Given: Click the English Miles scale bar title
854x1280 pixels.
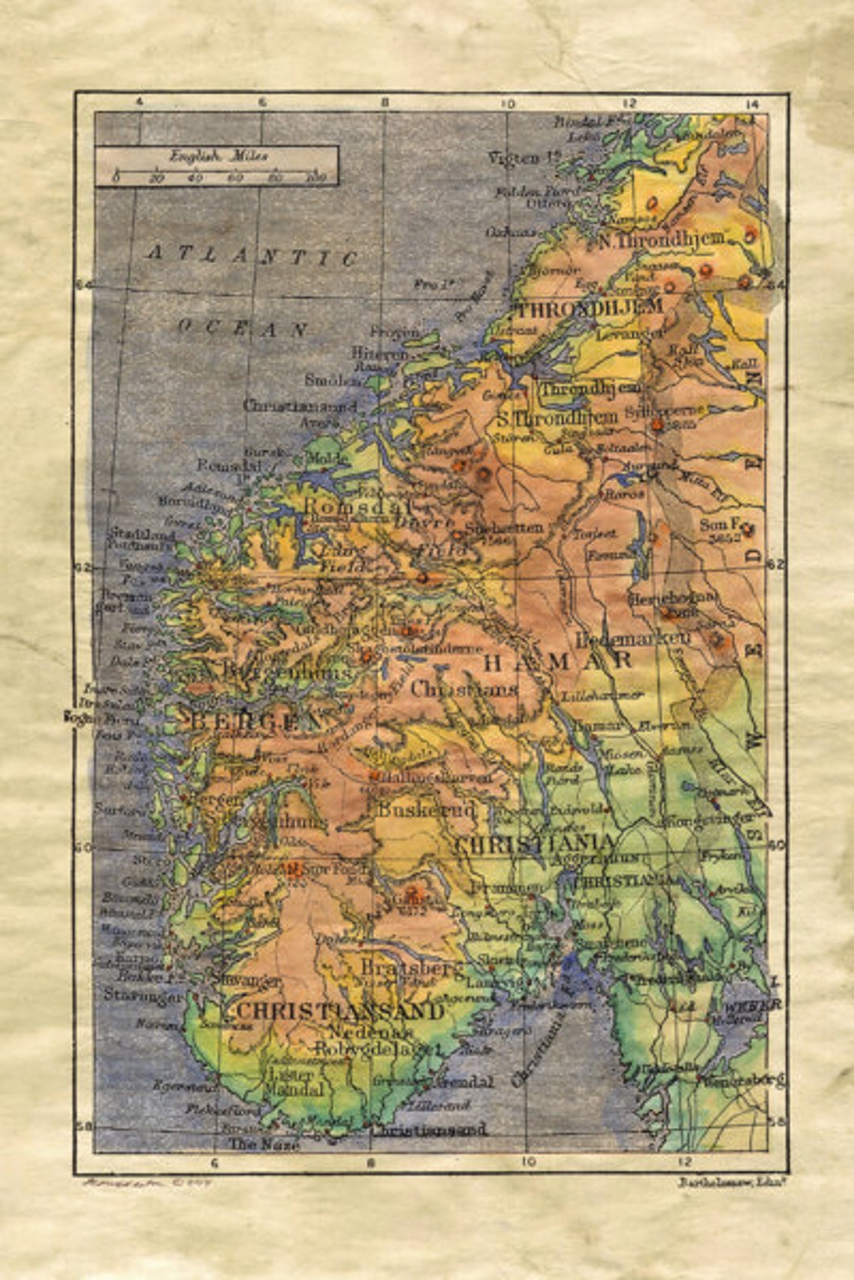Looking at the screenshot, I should pos(218,156).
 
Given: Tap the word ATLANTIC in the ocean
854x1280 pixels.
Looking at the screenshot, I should pos(252,256).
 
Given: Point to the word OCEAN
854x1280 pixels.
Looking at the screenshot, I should pos(242,328).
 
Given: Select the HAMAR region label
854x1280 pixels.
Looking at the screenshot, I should pos(558,660).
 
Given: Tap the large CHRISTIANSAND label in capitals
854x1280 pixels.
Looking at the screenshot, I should pos(341,1011).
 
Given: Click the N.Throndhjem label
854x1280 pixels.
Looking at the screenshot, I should pos(663,240).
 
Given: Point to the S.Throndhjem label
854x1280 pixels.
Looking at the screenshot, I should pos(557,418).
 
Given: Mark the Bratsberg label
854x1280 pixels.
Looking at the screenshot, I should pos(412,966).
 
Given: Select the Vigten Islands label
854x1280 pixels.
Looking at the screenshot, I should pos(524,158).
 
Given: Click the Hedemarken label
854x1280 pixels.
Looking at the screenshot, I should pos(632,639).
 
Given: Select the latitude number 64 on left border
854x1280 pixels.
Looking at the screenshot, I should pos(83,284).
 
